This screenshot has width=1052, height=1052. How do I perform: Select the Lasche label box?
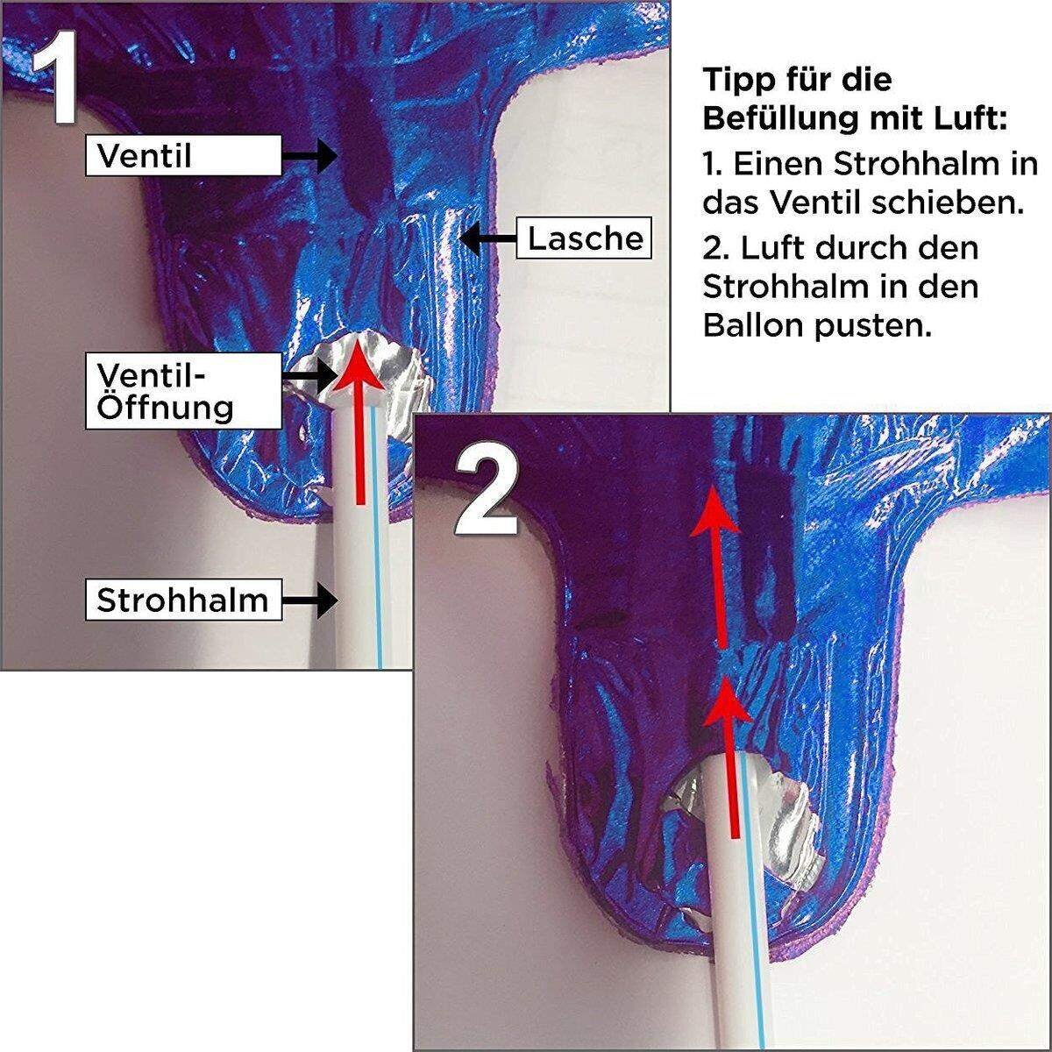pos(585,238)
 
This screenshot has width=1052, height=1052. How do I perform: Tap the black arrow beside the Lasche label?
pos(487,238)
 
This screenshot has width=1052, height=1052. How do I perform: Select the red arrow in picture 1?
pos(359,421)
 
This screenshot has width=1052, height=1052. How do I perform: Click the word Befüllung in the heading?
pos(789,118)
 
